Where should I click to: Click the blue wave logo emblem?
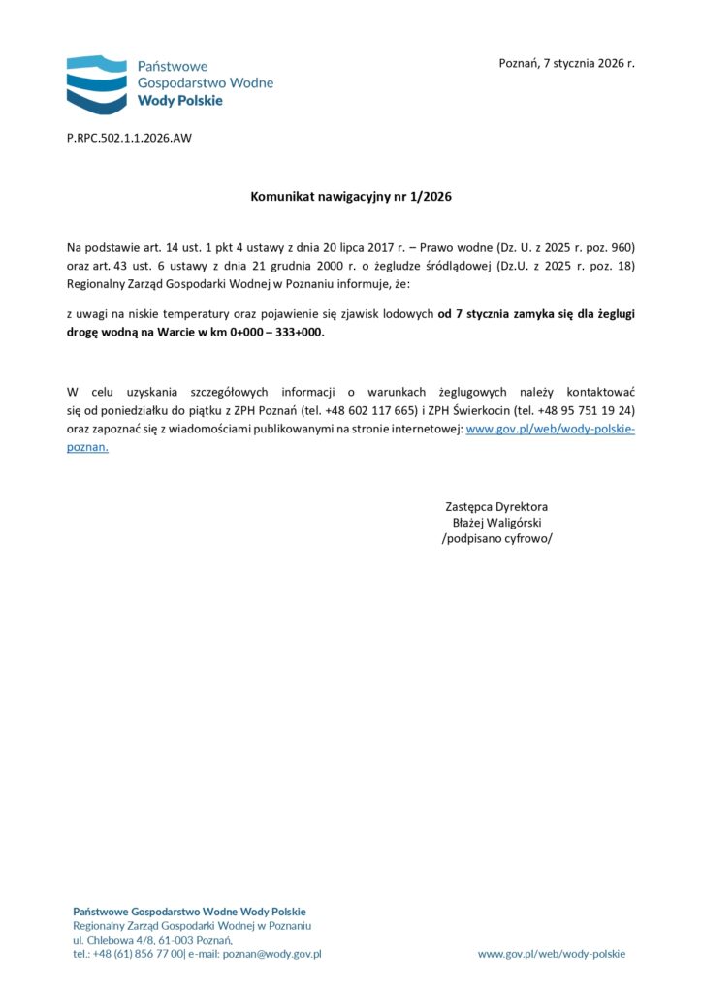pyautogui.click(x=97, y=84)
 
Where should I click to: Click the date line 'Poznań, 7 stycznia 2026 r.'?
pyautogui.click(x=566, y=63)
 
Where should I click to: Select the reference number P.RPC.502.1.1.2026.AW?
pyautogui.click(x=129, y=138)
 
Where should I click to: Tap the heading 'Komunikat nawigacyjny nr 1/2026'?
pyautogui.click(x=351, y=197)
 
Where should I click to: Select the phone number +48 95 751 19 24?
pyautogui.click(x=586, y=410)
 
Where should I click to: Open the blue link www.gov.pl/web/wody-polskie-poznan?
pyautogui.click(x=550, y=429)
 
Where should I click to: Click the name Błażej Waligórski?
pyautogui.click(x=496, y=523)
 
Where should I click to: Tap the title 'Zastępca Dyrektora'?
pyautogui.click(x=496, y=506)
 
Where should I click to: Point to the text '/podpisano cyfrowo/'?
pyautogui.click(x=496, y=539)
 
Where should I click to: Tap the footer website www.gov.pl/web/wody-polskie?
pyautogui.click(x=552, y=954)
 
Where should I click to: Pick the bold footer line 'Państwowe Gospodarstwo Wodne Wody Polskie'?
pyautogui.click(x=189, y=911)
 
